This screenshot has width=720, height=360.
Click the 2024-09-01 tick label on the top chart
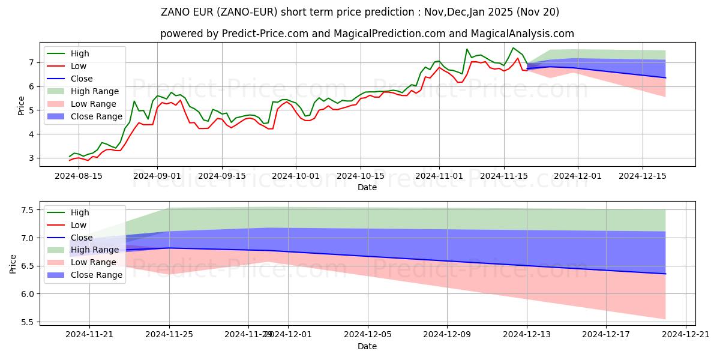pyautogui.click(x=157, y=176)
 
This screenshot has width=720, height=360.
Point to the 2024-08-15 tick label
pyautogui.click(x=79, y=176)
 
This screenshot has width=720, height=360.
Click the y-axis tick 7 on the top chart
pyautogui.click(x=30, y=62)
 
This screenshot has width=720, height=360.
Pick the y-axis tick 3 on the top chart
pyautogui.click(x=30, y=158)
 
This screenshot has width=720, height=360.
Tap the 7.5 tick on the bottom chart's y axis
pyautogui.click(x=27, y=210)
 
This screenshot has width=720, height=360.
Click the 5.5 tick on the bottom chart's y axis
pyautogui.click(x=27, y=322)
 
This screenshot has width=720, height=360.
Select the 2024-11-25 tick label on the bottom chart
pyautogui.click(x=169, y=335)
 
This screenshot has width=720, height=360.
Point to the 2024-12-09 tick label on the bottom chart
pyautogui.click(x=448, y=335)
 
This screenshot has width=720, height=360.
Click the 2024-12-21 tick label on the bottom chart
pyautogui.click(x=686, y=335)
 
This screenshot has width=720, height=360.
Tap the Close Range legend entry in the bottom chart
pyautogui.click(x=97, y=275)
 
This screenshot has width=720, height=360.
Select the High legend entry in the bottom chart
pyautogui.click(x=80, y=212)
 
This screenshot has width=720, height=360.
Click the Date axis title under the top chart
pyautogui.click(x=367, y=187)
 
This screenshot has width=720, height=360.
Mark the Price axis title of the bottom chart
pyautogui.click(x=13, y=263)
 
